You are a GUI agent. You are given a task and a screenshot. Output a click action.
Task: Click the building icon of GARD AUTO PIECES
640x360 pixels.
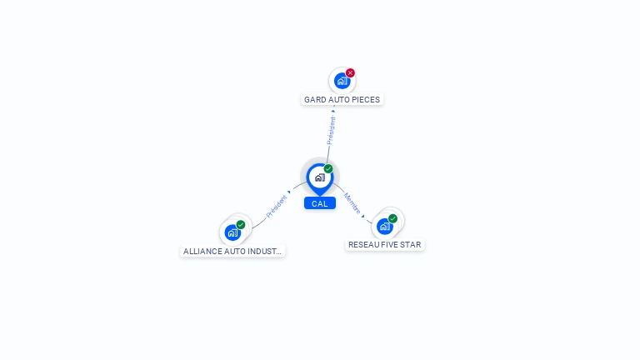coord(342,81)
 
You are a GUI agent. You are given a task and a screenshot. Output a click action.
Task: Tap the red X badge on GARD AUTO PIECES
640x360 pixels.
coord(350,72)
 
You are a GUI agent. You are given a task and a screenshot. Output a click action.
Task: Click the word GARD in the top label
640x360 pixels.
coord(315,100)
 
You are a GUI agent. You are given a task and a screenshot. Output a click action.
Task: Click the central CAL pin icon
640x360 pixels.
coord(319,177)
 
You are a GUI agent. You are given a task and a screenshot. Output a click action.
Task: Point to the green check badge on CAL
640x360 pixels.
coord(328,169)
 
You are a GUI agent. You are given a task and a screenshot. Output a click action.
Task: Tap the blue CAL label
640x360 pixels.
coord(320,203)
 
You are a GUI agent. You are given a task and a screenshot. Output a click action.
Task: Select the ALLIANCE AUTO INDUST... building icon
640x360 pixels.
coord(232,232)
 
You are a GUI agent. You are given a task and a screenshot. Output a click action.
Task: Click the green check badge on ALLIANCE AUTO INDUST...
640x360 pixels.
coord(241,224)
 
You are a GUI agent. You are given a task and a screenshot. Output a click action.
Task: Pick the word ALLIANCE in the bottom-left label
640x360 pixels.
coord(202,251)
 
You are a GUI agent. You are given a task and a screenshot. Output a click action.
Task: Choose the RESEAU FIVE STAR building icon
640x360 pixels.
coord(384,226)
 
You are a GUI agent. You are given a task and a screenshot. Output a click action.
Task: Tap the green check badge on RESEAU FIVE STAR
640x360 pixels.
coord(392,218)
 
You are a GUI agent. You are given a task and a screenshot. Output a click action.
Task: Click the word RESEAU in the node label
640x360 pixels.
coord(364,245)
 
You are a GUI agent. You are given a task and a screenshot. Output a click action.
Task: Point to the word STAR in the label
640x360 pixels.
coord(412,245)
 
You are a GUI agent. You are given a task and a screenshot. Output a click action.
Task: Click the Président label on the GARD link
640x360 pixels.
coord(332,131)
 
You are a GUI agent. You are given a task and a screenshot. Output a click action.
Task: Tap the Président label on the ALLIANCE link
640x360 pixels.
coord(276,207)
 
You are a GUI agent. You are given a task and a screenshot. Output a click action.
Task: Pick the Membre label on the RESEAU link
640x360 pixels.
coord(352,203)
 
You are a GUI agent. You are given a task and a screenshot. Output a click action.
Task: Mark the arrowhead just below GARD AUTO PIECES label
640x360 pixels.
coord(333,111)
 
